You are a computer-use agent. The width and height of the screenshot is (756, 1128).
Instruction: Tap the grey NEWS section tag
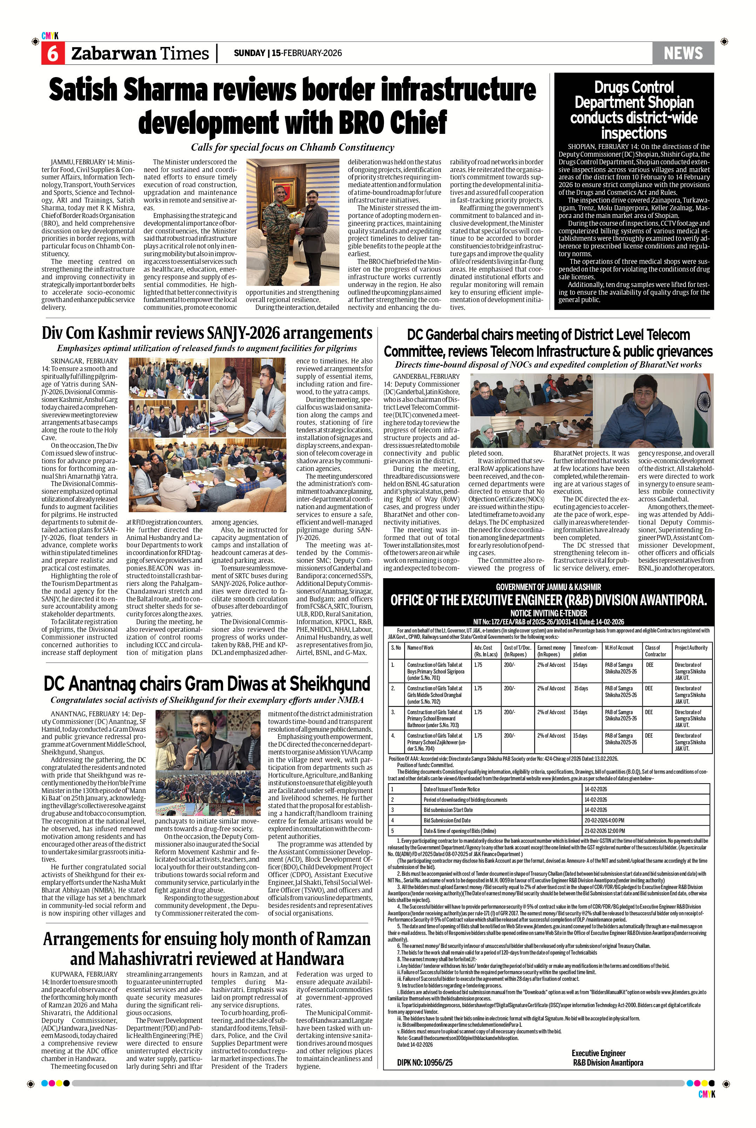pos(683,53)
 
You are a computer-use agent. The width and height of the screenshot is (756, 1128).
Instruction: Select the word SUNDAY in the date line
pos(249,53)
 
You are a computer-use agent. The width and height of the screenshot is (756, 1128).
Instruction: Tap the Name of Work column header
pos(420,648)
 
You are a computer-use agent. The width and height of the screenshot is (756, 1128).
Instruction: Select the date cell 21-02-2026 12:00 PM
pos(604,831)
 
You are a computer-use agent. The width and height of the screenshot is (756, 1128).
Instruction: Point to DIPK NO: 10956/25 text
pos(425,1075)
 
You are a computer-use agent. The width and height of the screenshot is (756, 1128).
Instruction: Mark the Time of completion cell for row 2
pos(581,689)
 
